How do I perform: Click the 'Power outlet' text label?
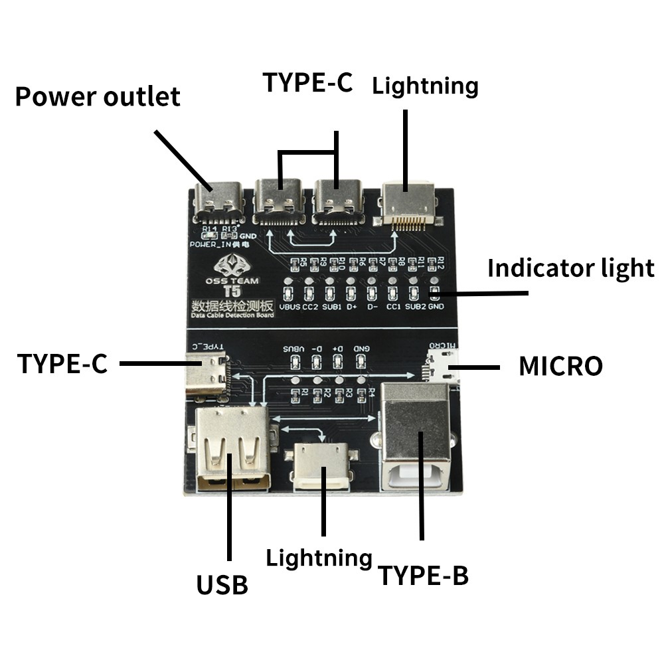tap(98, 96)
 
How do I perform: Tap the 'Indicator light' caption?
tap(570, 268)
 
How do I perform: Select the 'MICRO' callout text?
tap(560, 366)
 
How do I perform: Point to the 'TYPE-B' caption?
tap(423, 576)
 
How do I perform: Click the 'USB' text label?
tap(222, 585)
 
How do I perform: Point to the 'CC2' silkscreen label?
tap(309, 307)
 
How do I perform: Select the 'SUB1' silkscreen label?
tap(331, 307)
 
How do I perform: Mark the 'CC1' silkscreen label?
tap(393, 307)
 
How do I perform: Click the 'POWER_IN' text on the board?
tap(209, 244)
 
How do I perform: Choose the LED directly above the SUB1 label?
tap(330, 291)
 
